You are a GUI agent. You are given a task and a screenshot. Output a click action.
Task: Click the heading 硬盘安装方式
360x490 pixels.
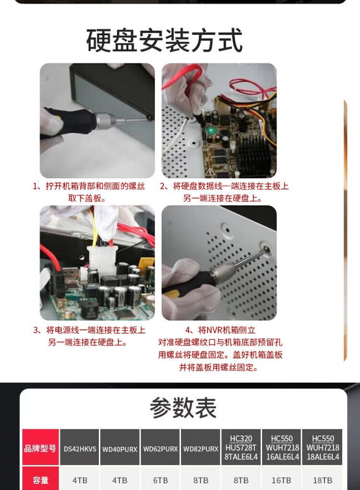(x=164, y=40)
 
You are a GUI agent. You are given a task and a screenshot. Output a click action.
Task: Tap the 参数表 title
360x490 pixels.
(x=183, y=408)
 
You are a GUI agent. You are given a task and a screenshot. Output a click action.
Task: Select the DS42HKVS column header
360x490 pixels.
(x=80, y=449)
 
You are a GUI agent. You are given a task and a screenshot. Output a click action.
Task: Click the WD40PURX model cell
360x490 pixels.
(x=120, y=449)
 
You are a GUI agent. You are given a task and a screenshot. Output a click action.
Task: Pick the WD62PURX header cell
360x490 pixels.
(x=160, y=449)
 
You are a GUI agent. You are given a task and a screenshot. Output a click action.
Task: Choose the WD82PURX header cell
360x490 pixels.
(x=201, y=449)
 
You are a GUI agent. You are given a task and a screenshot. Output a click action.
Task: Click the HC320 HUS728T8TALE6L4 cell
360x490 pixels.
(x=241, y=447)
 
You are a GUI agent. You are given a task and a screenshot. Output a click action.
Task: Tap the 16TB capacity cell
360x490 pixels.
(x=281, y=480)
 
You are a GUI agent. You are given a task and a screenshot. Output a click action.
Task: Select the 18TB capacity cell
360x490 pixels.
(x=322, y=480)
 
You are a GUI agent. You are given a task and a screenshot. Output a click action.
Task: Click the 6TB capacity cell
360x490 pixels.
(x=160, y=480)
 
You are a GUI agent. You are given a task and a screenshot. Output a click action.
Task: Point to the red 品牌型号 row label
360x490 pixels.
(x=40, y=448)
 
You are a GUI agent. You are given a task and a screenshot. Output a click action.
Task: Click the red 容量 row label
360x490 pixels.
(x=40, y=480)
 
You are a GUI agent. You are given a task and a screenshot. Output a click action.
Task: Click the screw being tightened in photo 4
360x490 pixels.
(x=266, y=249)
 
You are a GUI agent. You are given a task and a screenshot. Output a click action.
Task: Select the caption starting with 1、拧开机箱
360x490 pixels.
(x=89, y=192)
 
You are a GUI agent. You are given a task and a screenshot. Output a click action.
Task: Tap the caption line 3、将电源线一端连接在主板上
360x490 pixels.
(x=89, y=330)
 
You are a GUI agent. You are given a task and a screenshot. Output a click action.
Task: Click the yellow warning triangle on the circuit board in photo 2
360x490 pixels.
(x=210, y=171)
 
